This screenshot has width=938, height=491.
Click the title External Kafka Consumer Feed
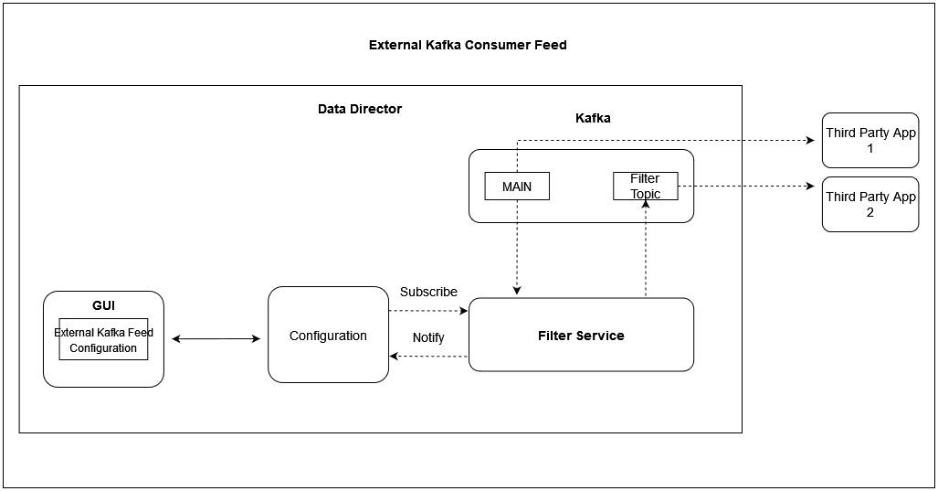tap(468, 45)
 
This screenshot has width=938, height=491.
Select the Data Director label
tap(359, 109)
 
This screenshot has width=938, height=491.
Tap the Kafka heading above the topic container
tap(593, 118)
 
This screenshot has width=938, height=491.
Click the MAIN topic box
tap(516, 186)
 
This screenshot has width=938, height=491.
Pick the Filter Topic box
tap(645, 186)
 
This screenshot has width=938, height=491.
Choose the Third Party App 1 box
tap(870, 140)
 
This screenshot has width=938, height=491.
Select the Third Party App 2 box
tap(870, 204)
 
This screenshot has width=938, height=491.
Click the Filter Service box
tap(581, 336)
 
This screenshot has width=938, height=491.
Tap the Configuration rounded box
tap(328, 336)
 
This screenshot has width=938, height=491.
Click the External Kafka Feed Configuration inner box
tap(103, 340)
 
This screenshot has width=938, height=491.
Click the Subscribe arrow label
tap(428, 292)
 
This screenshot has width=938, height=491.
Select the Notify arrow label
tap(428, 337)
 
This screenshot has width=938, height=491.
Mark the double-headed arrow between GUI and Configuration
tap(216, 339)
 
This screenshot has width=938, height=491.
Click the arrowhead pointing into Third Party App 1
tap(810, 141)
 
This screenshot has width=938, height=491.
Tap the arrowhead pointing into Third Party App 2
tap(810, 187)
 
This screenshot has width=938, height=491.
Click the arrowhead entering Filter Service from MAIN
tap(517, 291)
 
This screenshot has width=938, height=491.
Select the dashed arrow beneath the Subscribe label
tap(428, 311)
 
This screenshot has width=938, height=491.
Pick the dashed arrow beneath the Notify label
tap(428, 357)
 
